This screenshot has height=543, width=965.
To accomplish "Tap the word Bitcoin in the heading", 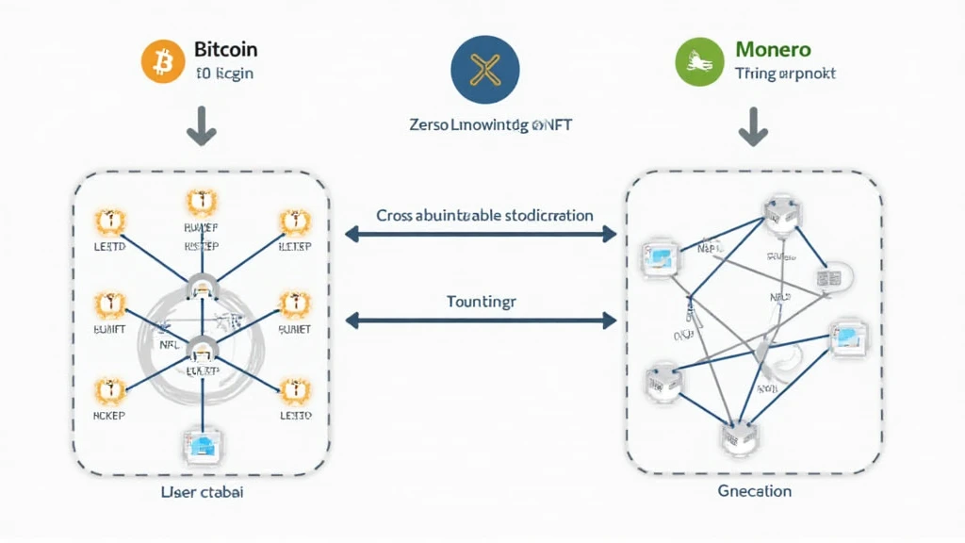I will (225, 49).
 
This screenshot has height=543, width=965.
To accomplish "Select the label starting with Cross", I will (484, 215).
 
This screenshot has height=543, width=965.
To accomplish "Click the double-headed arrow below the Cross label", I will (481, 234).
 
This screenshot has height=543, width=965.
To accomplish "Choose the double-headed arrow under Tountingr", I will (481, 321).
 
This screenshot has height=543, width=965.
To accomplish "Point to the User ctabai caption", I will (200, 491).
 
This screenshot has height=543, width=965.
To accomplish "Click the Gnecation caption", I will (754, 491).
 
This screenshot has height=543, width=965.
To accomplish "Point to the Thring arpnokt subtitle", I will (784, 73).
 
